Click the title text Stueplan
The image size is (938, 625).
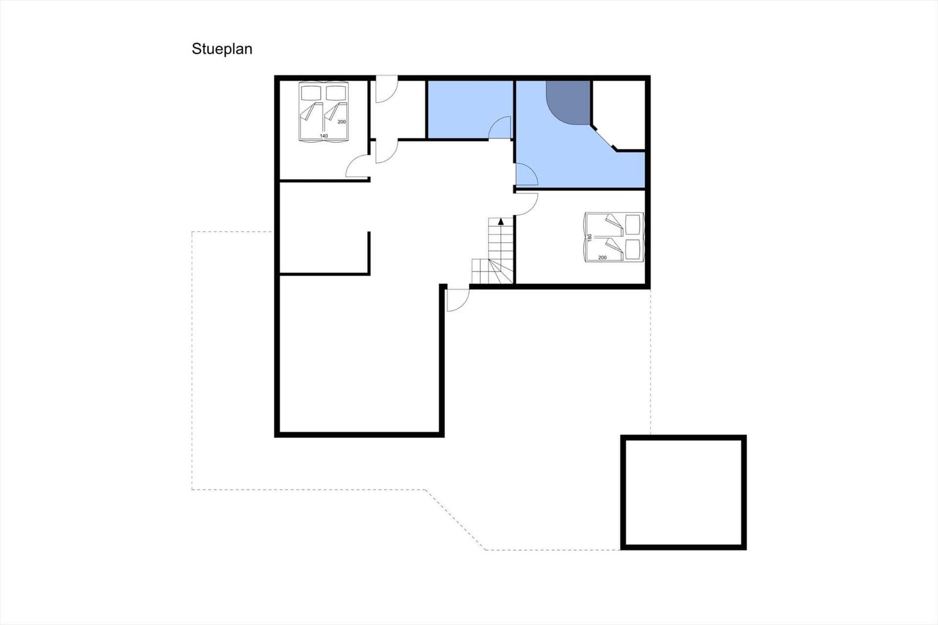pos(222,49)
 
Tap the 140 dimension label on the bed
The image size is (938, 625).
pos(324,135)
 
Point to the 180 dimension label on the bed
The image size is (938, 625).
pos(590,237)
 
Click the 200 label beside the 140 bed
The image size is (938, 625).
pos(342,122)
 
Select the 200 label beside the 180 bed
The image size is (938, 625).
pos(602,257)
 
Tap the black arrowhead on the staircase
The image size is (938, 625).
pos(501,221)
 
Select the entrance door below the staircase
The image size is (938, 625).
pos(458,300)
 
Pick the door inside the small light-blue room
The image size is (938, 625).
pos(500,127)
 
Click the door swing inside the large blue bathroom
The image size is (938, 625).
pos(526,174)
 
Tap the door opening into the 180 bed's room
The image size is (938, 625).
pos(526,204)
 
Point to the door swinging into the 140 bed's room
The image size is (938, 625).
pos(357,167)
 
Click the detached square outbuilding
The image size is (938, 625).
pos(684,492)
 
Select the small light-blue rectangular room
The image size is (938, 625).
pos(470,109)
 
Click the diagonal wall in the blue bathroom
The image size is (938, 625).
pos(603,137)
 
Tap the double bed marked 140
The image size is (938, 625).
pos(324,112)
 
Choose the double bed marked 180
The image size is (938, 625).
pos(614,237)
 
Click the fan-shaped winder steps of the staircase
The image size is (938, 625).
pos(492,271)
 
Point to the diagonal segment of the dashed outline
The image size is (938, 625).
pos(456,519)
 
